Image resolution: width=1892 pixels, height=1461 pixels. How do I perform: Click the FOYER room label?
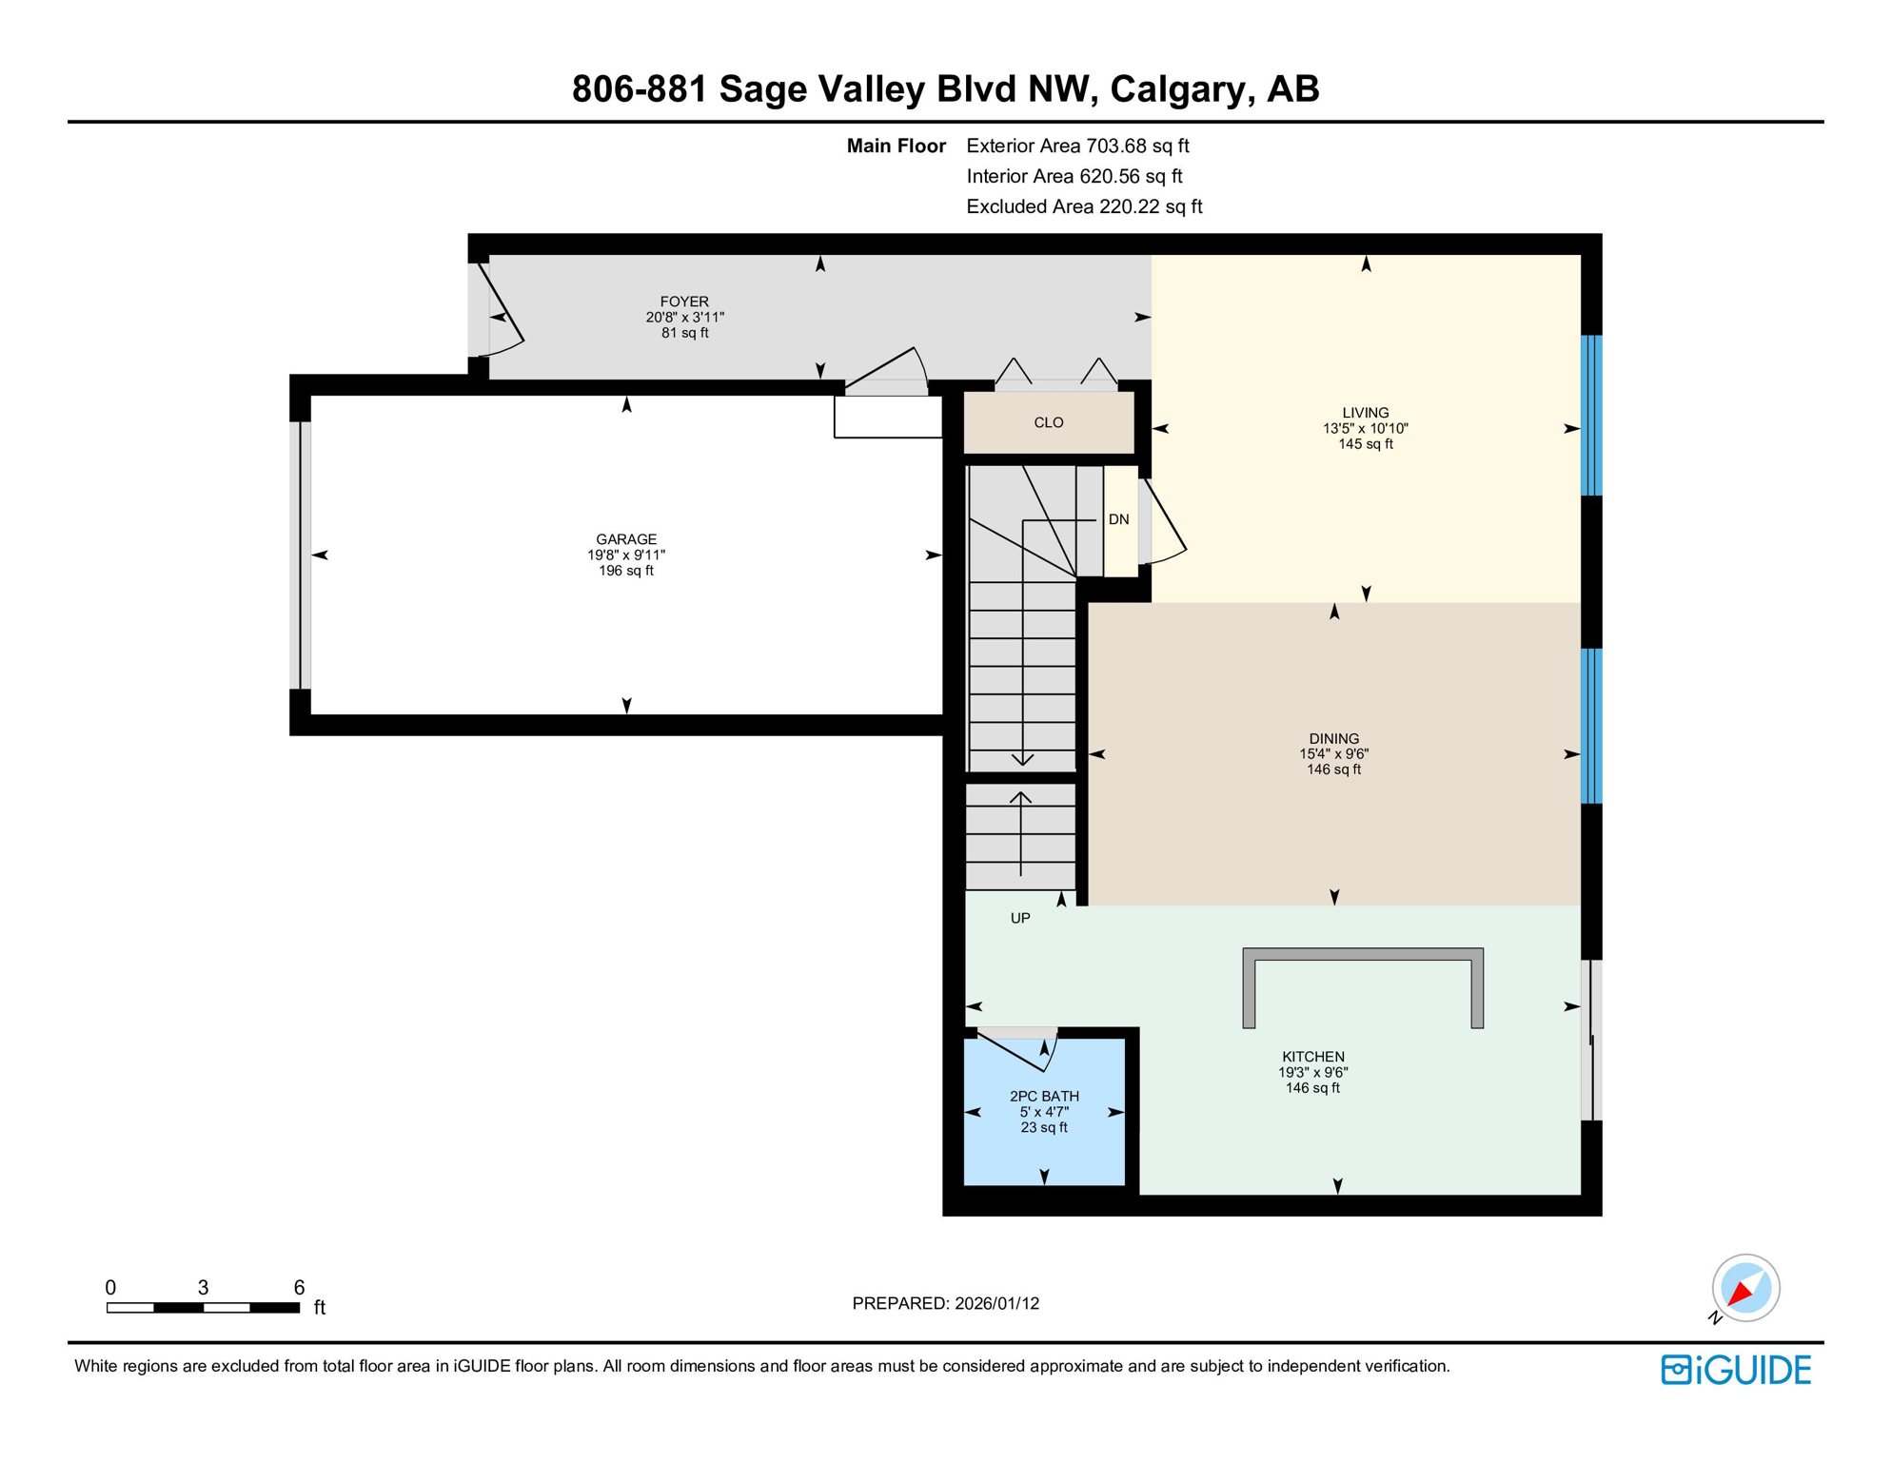(x=684, y=302)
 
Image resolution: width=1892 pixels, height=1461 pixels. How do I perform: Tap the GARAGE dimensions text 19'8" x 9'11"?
(x=625, y=555)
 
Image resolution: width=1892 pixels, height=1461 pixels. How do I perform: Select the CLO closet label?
(x=1048, y=422)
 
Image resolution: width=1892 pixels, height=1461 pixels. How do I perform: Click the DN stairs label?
(x=1118, y=519)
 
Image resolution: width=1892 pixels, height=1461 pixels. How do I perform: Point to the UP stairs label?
(x=1019, y=918)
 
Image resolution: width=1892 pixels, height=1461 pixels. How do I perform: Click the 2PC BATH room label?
(x=1043, y=1096)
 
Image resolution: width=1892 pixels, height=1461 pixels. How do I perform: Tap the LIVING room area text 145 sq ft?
(x=1365, y=444)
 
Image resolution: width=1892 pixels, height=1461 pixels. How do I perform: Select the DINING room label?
(x=1332, y=738)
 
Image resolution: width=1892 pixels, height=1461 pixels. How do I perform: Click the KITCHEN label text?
(x=1312, y=1056)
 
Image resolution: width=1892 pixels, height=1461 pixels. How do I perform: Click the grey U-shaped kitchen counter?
(x=1362, y=955)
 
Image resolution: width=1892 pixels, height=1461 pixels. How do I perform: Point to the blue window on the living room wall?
(x=1590, y=415)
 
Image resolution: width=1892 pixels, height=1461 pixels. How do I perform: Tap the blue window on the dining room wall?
(x=1590, y=726)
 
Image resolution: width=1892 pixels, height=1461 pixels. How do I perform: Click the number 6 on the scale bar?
(x=299, y=1287)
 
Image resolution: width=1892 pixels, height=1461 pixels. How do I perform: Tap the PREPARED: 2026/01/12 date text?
(x=945, y=1303)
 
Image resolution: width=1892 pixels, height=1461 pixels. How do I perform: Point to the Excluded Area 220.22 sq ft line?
(x=1083, y=206)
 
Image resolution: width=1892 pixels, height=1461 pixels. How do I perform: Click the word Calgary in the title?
(x=1177, y=88)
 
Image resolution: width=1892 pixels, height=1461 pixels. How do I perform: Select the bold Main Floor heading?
(x=896, y=146)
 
